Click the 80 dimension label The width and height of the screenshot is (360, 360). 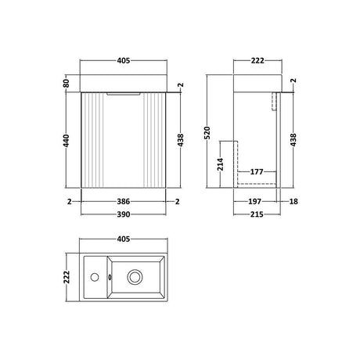(x=67, y=83)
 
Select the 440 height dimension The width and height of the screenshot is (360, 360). (x=67, y=140)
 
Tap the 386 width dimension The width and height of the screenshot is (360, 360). (x=123, y=202)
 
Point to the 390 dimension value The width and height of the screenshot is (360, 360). (x=123, y=214)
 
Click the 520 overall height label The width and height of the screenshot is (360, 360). (x=207, y=133)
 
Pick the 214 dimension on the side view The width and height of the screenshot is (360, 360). (x=221, y=164)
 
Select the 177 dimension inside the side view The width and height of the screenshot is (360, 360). (x=257, y=172)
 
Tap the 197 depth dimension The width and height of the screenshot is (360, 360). (x=254, y=202)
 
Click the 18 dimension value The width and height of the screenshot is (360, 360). (x=293, y=202)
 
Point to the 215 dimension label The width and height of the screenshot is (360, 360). (x=257, y=214)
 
